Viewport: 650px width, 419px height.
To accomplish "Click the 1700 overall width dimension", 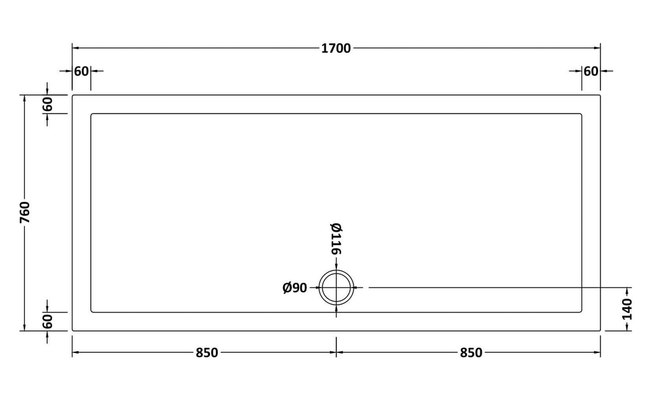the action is pos(336,48).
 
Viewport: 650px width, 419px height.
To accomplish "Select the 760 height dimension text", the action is pos(25,212).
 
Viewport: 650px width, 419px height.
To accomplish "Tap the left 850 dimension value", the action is pos(206,353).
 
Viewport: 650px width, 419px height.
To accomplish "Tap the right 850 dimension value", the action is pos(471,353).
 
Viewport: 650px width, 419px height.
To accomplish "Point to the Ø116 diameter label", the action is pos(336,239).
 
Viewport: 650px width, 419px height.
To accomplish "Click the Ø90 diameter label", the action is pos(295,288).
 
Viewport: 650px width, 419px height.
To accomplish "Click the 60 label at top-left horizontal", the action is pos(81,71).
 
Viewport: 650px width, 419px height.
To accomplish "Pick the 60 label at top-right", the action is pos(591,71).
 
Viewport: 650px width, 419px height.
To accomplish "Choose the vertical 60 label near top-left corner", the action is pos(48,104).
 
